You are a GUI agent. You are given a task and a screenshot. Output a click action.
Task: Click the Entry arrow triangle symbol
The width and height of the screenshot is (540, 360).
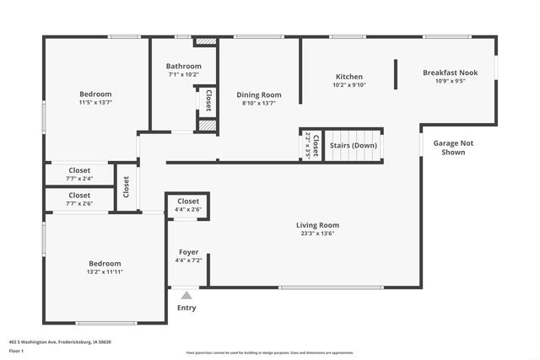pyautogui.click(x=186, y=295)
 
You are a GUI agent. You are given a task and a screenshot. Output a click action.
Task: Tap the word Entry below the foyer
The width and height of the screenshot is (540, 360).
pyautogui.click(x=186, y=308)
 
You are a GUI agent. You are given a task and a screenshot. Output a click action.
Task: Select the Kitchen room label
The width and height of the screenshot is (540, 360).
pyautogui.click(x=348, y=76)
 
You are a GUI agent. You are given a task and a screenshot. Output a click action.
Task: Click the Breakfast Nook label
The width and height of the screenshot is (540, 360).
pyautogui.click(x=450, y=73)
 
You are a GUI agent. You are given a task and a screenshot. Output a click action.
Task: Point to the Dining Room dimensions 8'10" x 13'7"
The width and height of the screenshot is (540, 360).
pyautogui.click(x=259, y=104)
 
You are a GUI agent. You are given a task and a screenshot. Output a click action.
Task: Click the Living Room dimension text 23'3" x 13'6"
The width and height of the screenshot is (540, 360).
pyautogui.click(x=317, y=234)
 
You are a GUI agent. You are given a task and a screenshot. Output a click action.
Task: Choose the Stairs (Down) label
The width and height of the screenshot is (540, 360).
pyautogui.click(x=353, y=145)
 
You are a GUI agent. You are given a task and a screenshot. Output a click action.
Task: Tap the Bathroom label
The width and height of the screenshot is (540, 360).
pyautogui.click(x=183, y=67)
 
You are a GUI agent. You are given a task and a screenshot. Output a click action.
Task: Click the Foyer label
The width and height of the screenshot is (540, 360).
pyautogui.click(x=188, y=252)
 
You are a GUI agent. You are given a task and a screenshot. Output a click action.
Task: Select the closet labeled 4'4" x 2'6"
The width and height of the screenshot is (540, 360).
pyautogui.click(x=188, y=209)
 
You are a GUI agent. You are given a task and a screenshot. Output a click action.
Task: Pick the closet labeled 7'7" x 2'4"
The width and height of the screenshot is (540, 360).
pyautogui.click(x=79, y=179)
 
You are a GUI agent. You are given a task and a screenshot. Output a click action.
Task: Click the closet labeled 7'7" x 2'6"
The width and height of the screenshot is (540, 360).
pyautogui.click(x=79, y=203)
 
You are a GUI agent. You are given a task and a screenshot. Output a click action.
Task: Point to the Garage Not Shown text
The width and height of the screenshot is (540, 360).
pyautogui.click(x=453, y=148)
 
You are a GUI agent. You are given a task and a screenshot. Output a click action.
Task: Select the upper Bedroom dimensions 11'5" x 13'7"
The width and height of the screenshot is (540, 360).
pyautogui.click(x=95, y=103)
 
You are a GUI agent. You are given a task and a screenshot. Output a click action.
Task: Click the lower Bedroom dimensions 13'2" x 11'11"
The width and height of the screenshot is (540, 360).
pyautogui.click(x=105, y=272)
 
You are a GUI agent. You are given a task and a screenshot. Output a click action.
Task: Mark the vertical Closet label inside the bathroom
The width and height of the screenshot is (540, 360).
pyautogui.click(x=208, y=100)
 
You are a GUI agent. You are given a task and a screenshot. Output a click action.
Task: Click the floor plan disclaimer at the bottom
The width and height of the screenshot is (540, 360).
pyautogui.click(x=269, y=352)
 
